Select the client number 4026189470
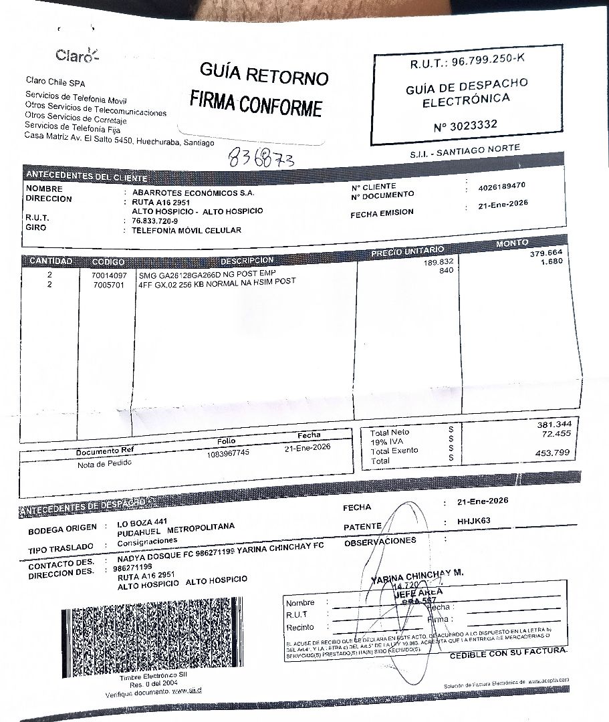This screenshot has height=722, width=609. coord(502,187)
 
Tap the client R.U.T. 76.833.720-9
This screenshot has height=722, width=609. coord(155,221)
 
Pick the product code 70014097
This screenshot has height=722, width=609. coord(108,275)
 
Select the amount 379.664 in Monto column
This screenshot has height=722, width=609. coord(547,253)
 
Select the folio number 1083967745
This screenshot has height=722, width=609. coord(228,453)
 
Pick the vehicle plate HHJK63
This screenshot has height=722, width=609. coord(475,520)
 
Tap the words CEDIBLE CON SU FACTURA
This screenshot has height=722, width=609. coord(508,653)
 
